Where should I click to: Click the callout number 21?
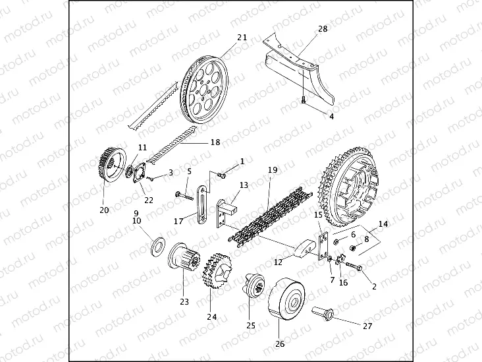click(242, 38)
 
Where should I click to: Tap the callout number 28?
click(322, 30)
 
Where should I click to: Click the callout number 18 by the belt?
click(215, 142)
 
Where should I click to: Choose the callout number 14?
click(383, 224)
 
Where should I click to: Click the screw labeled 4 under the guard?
click(303, 100)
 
